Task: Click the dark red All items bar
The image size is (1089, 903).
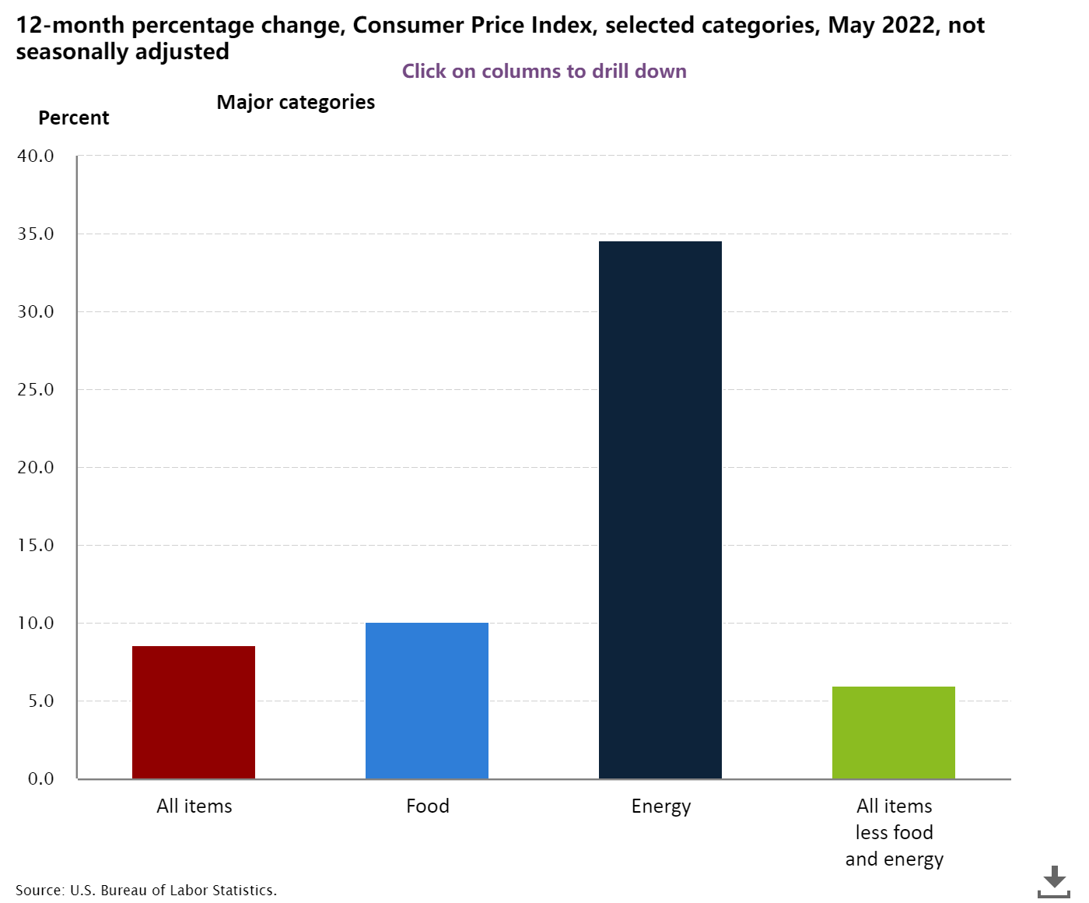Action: [194, 712]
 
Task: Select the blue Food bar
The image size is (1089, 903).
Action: [427, 700]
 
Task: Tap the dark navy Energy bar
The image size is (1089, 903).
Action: [660, 510]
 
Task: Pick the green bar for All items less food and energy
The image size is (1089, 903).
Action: [894, 732]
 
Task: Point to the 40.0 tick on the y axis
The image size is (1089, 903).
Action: [35, 156]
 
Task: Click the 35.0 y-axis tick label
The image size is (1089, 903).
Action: [35, 234]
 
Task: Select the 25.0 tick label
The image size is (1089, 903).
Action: [35, 389]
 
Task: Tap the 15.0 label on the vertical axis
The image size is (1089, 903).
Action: [35, 545]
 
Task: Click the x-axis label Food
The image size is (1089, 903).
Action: [428, 806]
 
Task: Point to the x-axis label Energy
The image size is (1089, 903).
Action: [661, 806]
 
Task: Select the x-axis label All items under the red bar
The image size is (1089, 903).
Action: [194, 806]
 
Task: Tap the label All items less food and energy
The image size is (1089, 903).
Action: [895, 832]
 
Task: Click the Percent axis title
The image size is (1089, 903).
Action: [74, 118]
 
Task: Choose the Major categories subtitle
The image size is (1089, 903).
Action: [296, 102]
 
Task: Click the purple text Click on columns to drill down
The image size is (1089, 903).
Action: [544, 71]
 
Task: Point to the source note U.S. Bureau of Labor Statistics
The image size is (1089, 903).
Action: [146, 890]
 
